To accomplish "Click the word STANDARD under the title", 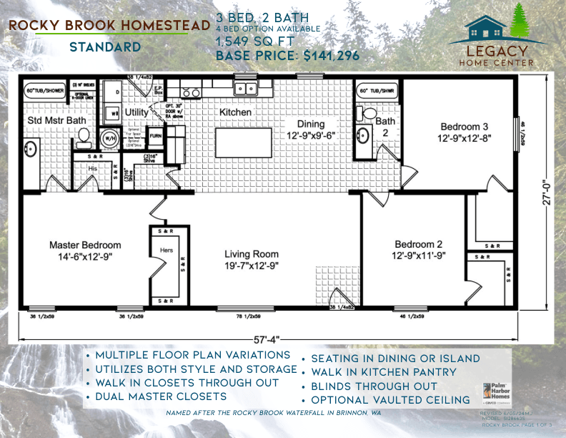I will [104, 48].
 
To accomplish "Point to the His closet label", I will [93, 169].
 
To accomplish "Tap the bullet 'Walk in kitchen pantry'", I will [384, 372].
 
